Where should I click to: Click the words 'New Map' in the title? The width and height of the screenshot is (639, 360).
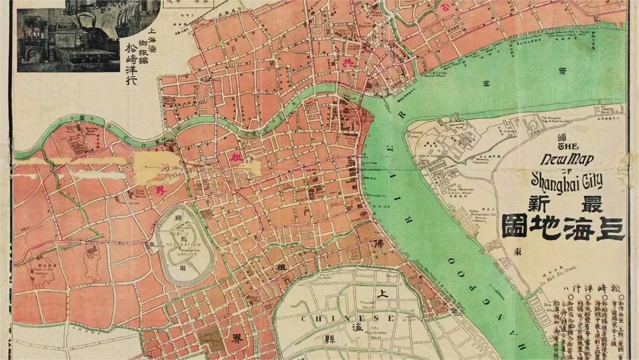(x=567, y=160)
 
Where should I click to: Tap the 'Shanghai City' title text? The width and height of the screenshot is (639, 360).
(x=567, y=178)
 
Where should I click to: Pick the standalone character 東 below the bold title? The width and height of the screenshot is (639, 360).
(x=518, y=252)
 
